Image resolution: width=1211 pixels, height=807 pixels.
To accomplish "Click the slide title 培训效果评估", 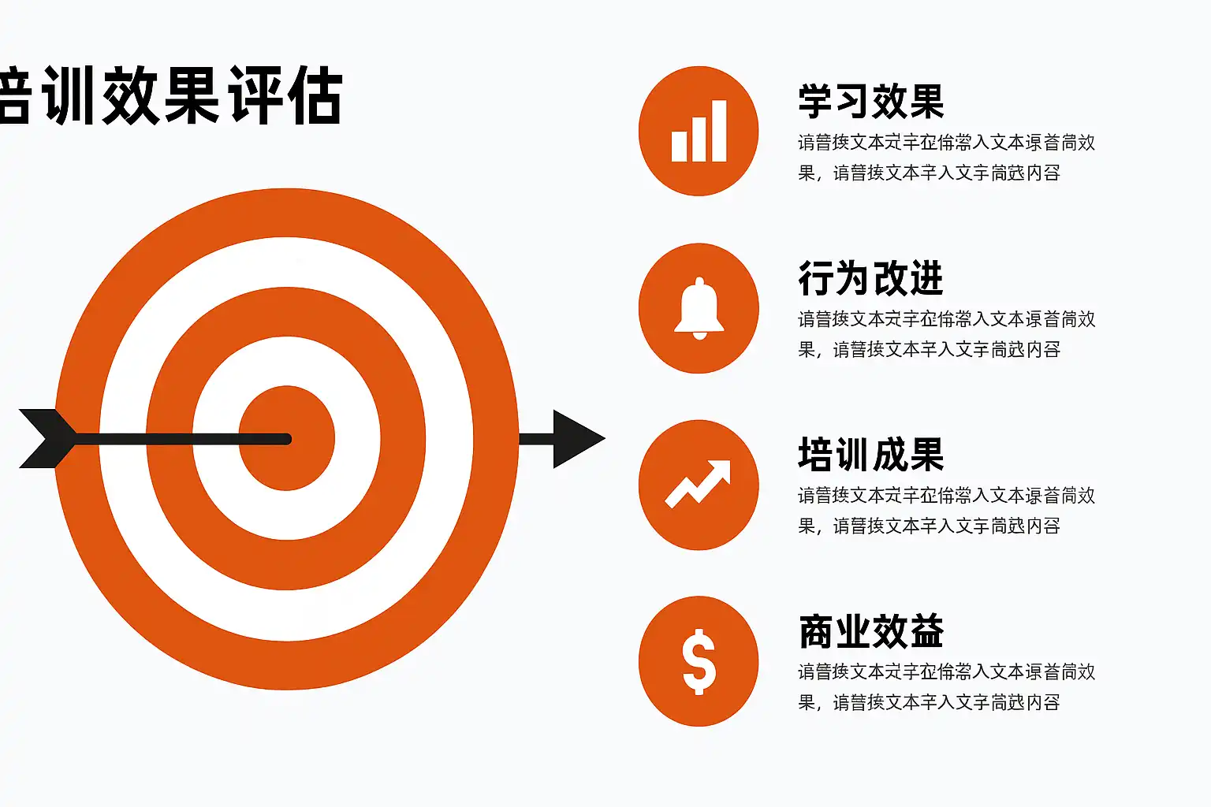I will (170, 96).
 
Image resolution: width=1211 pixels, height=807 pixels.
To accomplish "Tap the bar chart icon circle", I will (699, 131).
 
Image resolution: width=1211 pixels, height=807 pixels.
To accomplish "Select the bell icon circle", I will (699, 308).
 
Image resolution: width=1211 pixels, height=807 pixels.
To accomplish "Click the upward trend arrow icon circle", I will (699, 485).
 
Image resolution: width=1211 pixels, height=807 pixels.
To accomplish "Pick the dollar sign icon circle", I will (699, 661).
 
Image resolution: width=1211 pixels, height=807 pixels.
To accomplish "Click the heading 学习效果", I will (870, 102).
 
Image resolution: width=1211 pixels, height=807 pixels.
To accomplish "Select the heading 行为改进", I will (870, 278).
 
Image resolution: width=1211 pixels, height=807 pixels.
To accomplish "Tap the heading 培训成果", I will (870, 455).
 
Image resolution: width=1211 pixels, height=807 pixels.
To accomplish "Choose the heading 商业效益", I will (870, 631).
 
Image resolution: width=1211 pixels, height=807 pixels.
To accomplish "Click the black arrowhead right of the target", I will (576, 439).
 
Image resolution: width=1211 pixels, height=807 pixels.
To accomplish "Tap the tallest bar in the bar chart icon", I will (718, 131).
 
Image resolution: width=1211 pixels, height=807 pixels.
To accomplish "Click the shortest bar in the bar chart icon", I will (679, 146).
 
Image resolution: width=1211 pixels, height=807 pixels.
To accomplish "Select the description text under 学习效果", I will (946, 158).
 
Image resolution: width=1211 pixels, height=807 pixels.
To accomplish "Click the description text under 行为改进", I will (946, 334).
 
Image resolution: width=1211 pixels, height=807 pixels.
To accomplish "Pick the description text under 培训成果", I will (946, 511).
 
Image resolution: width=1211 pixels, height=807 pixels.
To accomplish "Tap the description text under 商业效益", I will (946, 687).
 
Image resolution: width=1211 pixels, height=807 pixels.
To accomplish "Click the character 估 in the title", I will (315, 96).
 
